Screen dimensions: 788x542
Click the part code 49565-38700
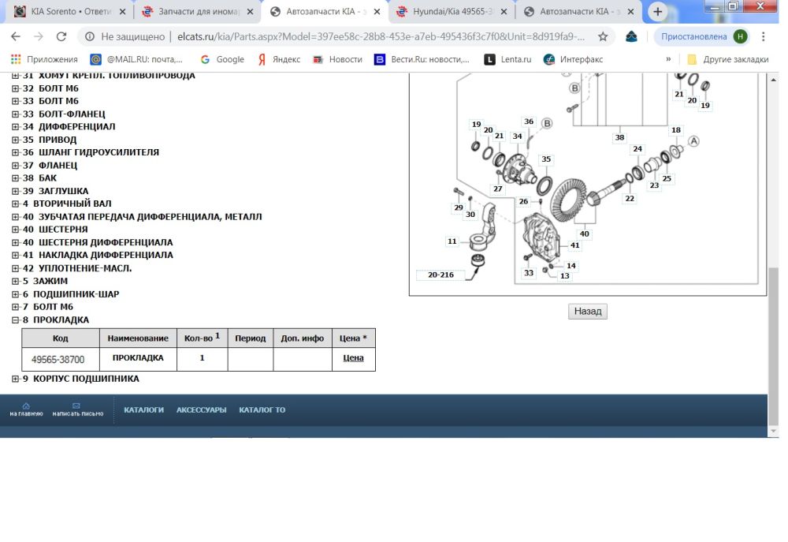tap(58, 359)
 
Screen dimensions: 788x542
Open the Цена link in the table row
tap(353, 358)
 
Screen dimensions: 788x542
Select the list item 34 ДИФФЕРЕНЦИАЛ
tap(69, 126)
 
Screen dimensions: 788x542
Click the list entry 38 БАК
tap(39, 178)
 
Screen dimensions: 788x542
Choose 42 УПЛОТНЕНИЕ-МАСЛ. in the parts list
tap(77, 268)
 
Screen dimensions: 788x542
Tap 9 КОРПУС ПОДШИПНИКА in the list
tap(80, 379)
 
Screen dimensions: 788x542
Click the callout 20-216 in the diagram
tap(440, 275)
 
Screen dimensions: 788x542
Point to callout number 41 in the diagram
tap(575, 245)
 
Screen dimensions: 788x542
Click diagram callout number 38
tap(619, 137)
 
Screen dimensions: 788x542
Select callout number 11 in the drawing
tap(452, 241)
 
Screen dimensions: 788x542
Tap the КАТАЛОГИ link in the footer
tap(143, 410)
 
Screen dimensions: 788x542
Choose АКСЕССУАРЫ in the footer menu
tap(201, 410)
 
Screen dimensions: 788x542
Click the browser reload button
tap(61, 36)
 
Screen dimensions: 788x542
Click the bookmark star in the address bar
tap(603, 36)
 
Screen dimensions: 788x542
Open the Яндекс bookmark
tap(279, 59)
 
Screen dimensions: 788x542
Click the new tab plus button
tap(657, 11)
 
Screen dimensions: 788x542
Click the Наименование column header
tap(138, 338)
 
